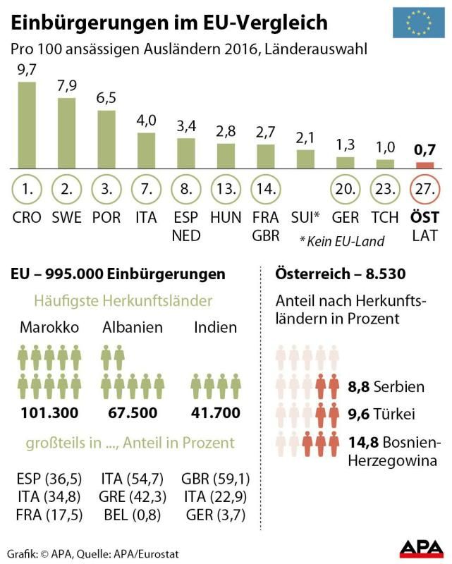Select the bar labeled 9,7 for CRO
coord(26,125)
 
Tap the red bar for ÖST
coord(424,165)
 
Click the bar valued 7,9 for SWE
coord(66,133)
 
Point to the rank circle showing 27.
coord(424,190)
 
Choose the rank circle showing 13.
coord(226,190)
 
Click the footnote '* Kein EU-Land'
coord(342,241)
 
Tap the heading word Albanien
coord(133,328)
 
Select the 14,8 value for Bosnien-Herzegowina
coord(360,443)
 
